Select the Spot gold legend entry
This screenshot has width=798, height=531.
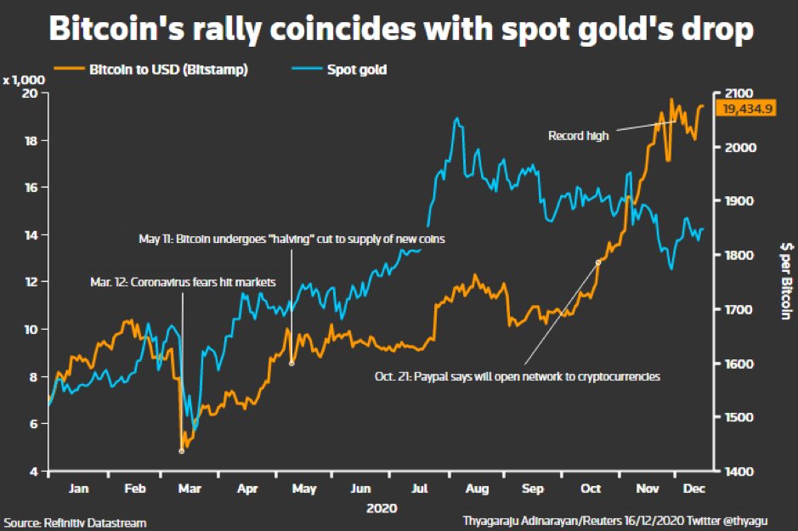(x=339, y=69)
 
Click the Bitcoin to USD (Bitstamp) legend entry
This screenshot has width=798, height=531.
(x=150, y=69)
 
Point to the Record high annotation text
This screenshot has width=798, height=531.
(x=578, y=136)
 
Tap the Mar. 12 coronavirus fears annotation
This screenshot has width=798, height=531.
(x=183, y=282)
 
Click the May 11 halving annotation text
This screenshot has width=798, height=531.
(x=291, y=239)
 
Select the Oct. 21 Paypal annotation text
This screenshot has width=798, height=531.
(x=517, y=376)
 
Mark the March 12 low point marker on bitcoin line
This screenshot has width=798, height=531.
(x=182, y=451)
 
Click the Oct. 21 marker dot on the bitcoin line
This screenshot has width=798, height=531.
(x=598, y=263)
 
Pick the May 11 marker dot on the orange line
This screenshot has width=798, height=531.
(x=291, y=364)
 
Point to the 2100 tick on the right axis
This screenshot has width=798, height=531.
(x=739, y=93)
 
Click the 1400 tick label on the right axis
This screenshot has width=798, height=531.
(x=739, y=472)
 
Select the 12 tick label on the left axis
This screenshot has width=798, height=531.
(x=31, y=281)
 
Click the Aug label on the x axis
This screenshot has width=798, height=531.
(x=477, y=489)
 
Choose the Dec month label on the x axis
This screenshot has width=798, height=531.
(x=693, y=489)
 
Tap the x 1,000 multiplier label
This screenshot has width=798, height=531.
(x=24, y=80)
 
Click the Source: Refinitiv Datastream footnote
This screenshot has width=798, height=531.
(x=75, y=523)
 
